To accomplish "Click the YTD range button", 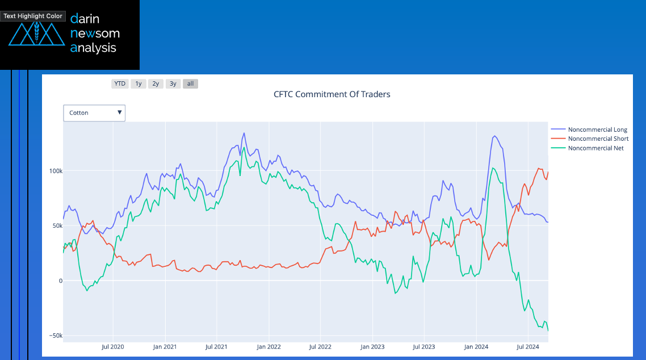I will [x=120, y=83].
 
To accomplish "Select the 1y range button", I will [x=138, y=83].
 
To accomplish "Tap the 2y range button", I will [x=156, y=83].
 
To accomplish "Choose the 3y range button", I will [x=173, y=83].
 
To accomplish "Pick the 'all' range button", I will [x=190, y=83].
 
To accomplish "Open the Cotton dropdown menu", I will [x=94, y=113].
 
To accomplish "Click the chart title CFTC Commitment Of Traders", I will [x=332, y=94].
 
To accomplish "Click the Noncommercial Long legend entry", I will [x=597, y=130].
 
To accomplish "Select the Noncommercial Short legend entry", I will [x=598, y=139].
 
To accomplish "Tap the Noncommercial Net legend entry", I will [x=595, y=148].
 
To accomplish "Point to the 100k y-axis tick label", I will [x=54, y=171].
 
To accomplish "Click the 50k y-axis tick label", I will [x=56, y=226].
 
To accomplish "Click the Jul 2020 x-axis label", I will [x=112, y=346].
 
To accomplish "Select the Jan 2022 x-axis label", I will [x=269, y=346].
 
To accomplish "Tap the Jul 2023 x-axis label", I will [x=424, y=346].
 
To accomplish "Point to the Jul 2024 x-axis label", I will [x=528, y=346].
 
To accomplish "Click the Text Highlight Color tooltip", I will [x=33, y=16].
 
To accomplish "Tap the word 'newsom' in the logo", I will [x=95, y=34].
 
